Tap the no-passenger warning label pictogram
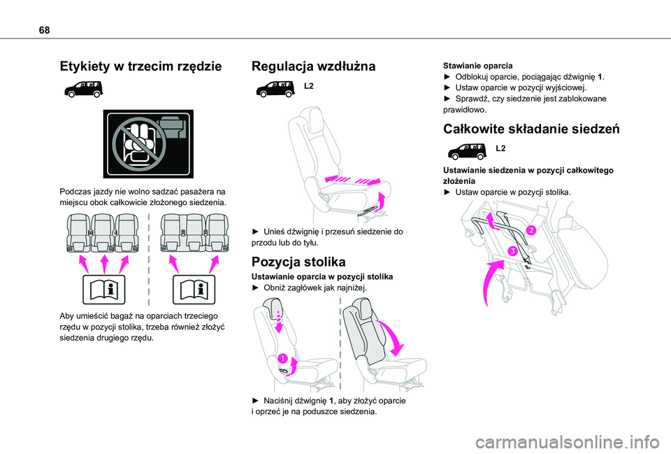pos(147,143)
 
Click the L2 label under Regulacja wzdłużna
pos(309,86)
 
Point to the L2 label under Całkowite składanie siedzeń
pos(500,149)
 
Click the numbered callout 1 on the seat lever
pos(283,359)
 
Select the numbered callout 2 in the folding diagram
pos(531,230)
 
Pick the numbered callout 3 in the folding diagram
pos(512,250)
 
